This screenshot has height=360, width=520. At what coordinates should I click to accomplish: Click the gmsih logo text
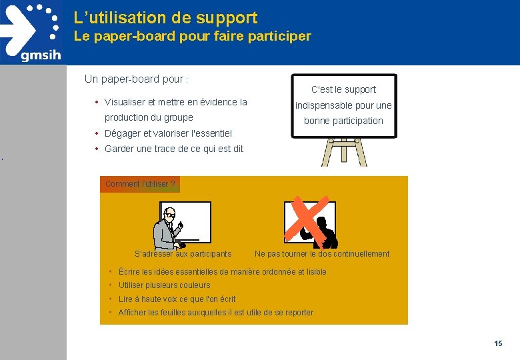click(41, 55)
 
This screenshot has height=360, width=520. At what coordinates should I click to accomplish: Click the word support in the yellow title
click(227, 19)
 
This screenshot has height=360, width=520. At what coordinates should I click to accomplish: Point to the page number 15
click(498, 343)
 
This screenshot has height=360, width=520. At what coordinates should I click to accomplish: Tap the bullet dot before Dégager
click(97, 133)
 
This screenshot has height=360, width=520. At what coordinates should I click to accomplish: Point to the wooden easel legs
click(344, 152)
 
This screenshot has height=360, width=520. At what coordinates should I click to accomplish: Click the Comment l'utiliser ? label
click(140, 184)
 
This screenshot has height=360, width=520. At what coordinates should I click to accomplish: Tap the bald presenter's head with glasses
click(170, 213)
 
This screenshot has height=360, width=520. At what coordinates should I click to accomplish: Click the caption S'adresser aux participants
click(183, 254)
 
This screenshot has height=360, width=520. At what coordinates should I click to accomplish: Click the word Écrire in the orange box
click(129, 272)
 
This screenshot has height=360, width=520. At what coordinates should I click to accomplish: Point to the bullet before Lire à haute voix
click(110, 299)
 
